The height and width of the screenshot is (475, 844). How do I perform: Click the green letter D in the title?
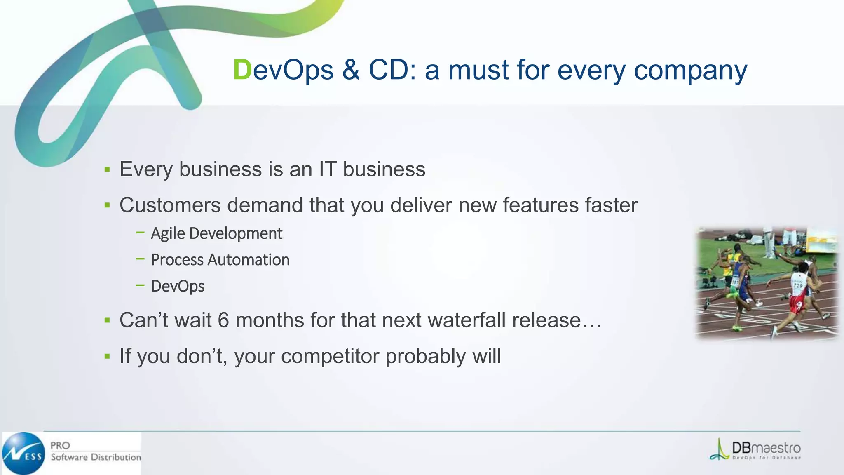point(242,70)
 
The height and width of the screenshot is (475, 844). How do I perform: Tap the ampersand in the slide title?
point(351,70)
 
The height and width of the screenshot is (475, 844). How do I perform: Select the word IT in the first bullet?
point(327,169)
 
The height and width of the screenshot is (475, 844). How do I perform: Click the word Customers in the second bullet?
point(170,205)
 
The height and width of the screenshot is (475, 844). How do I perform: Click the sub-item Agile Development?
point(216,233)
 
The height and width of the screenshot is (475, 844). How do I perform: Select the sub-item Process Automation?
point(220,260)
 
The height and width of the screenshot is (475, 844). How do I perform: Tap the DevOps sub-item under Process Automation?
point(178,286)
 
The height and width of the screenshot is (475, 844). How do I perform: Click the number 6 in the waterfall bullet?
point(223,320)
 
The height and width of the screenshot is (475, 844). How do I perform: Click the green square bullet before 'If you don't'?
point(107,356)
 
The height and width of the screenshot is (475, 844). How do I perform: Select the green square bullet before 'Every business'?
point(107,169)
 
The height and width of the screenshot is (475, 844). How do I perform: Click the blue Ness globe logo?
point(23,453)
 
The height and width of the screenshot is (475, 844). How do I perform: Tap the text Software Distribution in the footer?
point(96,457)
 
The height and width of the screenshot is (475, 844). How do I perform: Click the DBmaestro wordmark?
point(766,448)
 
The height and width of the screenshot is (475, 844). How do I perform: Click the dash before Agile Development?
point(140,233)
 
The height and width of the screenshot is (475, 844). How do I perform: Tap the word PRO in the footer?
point(60,445)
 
